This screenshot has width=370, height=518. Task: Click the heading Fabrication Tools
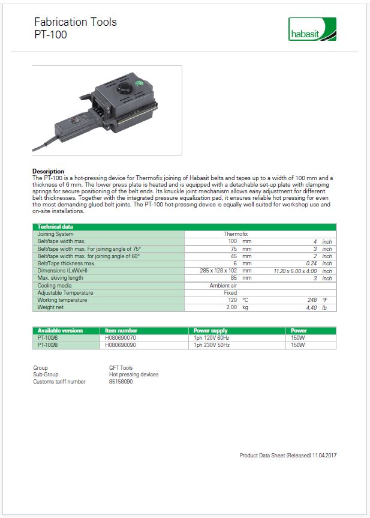76,22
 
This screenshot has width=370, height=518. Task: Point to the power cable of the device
50,144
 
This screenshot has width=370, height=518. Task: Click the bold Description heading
48,171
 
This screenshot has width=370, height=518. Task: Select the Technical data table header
55,226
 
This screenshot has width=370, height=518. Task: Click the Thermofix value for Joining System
236,234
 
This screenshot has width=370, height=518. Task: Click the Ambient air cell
223,286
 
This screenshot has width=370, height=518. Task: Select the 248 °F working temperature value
316,300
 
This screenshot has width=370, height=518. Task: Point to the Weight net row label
50,307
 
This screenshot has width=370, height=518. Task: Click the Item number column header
121,330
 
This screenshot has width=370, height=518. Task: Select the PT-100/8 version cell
48,345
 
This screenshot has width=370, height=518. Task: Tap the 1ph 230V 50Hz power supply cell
212,345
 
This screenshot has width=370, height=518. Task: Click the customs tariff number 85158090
121,382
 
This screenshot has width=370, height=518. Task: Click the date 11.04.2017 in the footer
324,456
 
